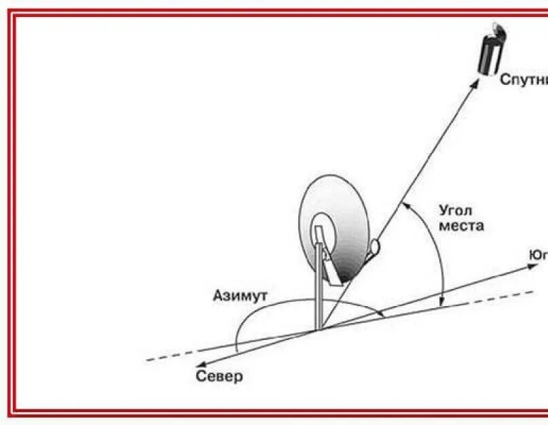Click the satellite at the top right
click(x=488, y=50)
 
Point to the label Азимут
click(x=240, y=296)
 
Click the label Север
click(x=219, y=375)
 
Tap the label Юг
click(x=538, y=255)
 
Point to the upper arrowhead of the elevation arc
click(x=406, y=205)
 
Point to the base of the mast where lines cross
click(x=319, y=330)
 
